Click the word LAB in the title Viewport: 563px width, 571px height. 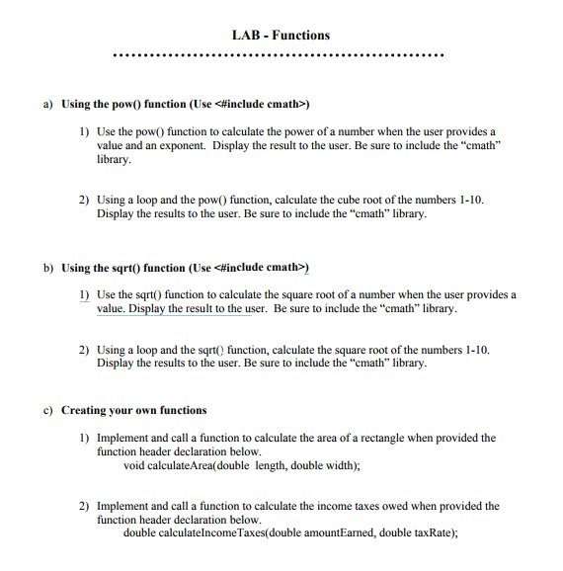click(x=244, y=36)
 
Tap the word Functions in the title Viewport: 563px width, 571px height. click(x=301, y=36)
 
